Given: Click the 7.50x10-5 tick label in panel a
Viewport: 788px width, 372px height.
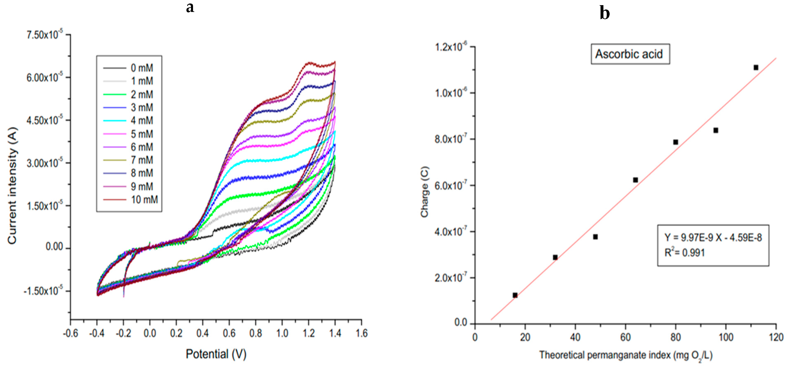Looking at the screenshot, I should [x=44, y=35].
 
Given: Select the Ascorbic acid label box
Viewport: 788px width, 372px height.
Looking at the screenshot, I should [x=630, y=54].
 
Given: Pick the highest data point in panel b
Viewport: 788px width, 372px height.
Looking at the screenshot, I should [x=756, y=67].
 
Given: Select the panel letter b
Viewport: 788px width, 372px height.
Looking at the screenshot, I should [x=604, y=13].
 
